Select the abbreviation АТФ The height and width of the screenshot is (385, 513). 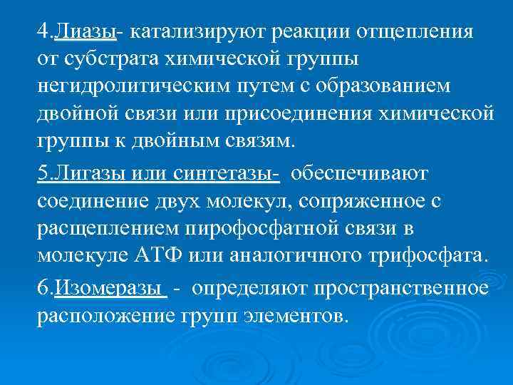click(193, 255)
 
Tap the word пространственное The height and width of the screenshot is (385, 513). click(388, 289)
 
